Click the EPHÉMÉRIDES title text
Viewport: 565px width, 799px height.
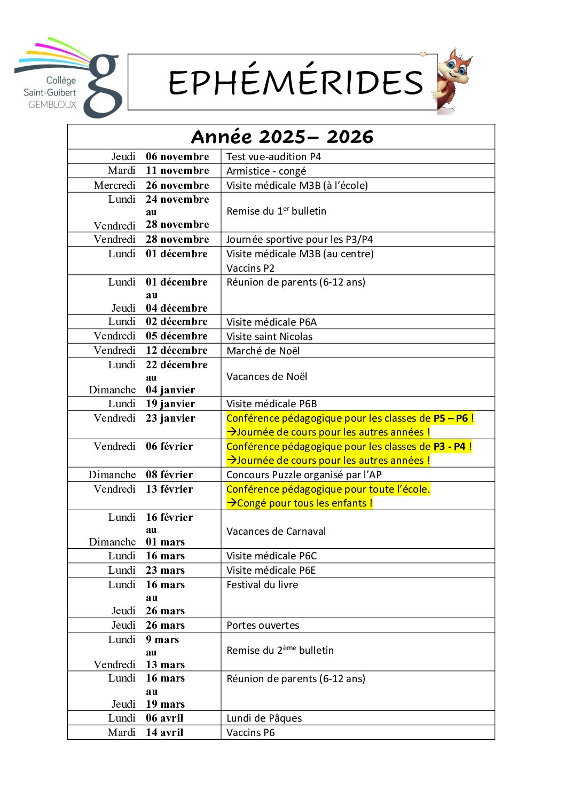pyautogui.click(x=295, y=82)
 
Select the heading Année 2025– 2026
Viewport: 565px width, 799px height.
pyautogui.click(x=282, y=137)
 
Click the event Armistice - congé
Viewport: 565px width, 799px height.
pyautogui.click(x=266, y=171)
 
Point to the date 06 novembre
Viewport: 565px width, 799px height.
pyautogui.click(x=177, y=156)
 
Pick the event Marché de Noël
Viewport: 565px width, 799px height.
pyautogui.click(x=263, y=351)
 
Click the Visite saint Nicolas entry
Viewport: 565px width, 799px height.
pyautogui.click(x=269, y=336)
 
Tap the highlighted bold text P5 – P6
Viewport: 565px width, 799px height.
pyautogui.click(x=450, y=418)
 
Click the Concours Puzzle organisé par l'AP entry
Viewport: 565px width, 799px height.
pyautogui.click(x=304, y=474)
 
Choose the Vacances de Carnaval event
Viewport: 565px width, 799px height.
pyautogui.click(x=276, y=531)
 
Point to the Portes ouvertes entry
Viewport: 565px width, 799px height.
pyautogui.click(x=263, y=625)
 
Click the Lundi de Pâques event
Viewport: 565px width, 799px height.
pyautogui.click(x=264, y=718)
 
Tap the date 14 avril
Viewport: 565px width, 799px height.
pyautogui.click(x=164, y=732)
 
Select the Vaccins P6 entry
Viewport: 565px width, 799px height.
pyautogui.click(x=250, y=732)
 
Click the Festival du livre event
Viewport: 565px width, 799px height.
pyautogui.click(x=262, y=584)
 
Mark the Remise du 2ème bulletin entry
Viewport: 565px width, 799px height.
pyautogui.click(x=280, y=650)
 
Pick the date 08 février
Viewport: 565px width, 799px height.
pyautogui.click(x=169, y=474)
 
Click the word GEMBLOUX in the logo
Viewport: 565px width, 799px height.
pyautogui.click(x=52, y=105)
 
